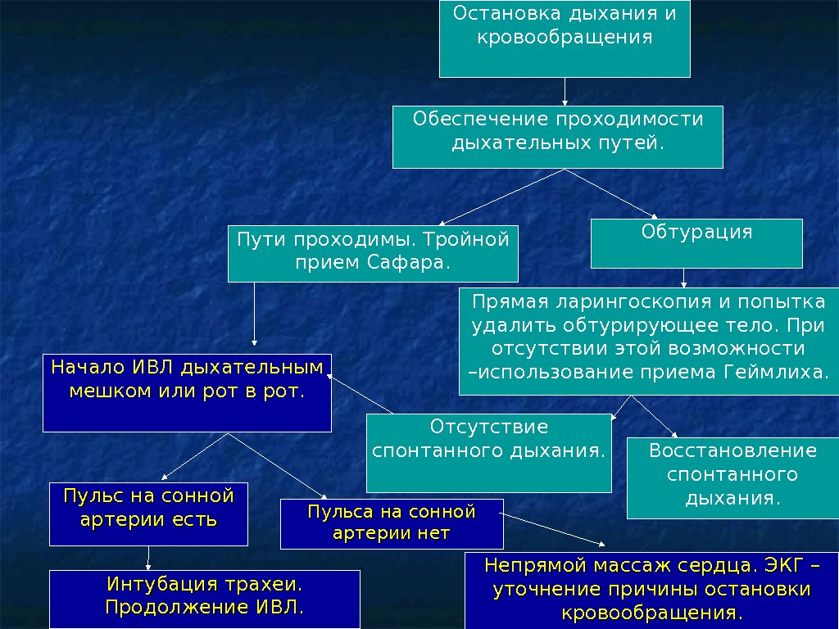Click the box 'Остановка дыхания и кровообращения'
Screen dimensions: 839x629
(565, 38)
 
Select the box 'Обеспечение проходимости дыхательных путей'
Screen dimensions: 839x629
(557, 136)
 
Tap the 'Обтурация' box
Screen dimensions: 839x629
(696, 243)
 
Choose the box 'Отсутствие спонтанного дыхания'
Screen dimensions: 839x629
(488, 452)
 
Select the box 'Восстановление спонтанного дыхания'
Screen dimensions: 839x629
(732, 478)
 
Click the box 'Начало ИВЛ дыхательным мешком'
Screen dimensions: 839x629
(187, 392)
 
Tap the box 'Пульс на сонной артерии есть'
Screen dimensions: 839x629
(148, 514)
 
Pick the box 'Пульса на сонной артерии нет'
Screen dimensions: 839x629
(392, 524)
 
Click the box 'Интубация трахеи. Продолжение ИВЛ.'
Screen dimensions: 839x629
(205, 599)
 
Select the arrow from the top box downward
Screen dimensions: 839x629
(565, 91)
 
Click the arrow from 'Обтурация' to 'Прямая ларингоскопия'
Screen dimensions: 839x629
(684, 278)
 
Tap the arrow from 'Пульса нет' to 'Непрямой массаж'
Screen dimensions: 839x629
(555, 531)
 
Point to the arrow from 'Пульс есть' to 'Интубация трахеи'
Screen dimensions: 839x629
(148, 558)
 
